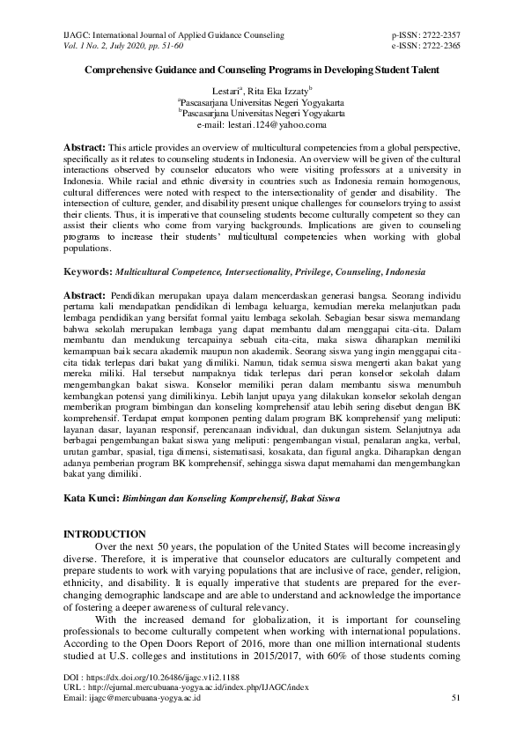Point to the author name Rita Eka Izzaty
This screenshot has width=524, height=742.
pyautogui.click(x=279, y=91)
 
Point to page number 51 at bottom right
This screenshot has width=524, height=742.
pyautogui.click(x=455, y=697)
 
